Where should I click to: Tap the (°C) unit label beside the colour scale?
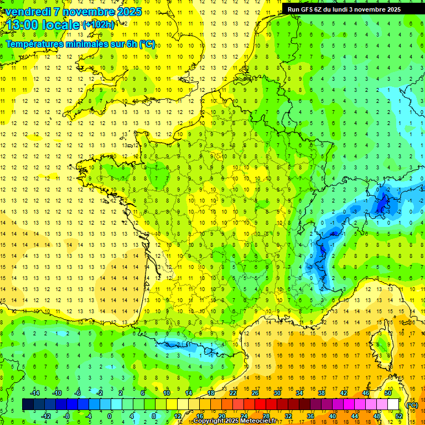pyautogui.click(x=412, y=405)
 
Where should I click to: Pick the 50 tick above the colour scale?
pyautogui.click(x=387, y=393)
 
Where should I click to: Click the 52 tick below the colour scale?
pyautogui.click(x=399, y=416)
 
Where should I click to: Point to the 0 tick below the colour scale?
pyautogui.click(x=110, y=416)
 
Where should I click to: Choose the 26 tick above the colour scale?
pyautogui.click(x=255, y=393)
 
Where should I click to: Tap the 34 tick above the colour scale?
pyautogui.click(x=299, y=393)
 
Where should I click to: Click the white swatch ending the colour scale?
pyautogui.click(x=393, y=405)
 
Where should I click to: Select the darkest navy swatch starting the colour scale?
pyautogui.click(x=28, y=405)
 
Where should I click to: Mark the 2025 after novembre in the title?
pyautogui.click(x=129, y=12)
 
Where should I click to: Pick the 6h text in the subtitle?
pyautogui.click(x=132, y=44)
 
